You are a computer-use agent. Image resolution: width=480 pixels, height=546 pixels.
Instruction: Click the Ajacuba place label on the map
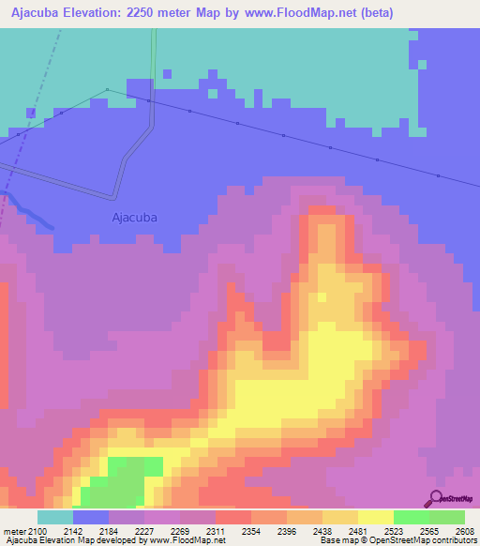(134, 218)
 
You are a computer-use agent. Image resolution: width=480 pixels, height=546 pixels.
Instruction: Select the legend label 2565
(446, 531)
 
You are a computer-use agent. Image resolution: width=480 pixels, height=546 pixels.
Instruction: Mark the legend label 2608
(466, 531)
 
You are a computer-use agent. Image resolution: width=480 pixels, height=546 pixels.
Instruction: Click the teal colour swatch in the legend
(54, 517)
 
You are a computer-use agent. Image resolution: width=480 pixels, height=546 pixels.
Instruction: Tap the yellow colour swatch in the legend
(375, 517)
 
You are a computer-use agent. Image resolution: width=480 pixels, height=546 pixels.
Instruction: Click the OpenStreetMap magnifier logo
(434, 497)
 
